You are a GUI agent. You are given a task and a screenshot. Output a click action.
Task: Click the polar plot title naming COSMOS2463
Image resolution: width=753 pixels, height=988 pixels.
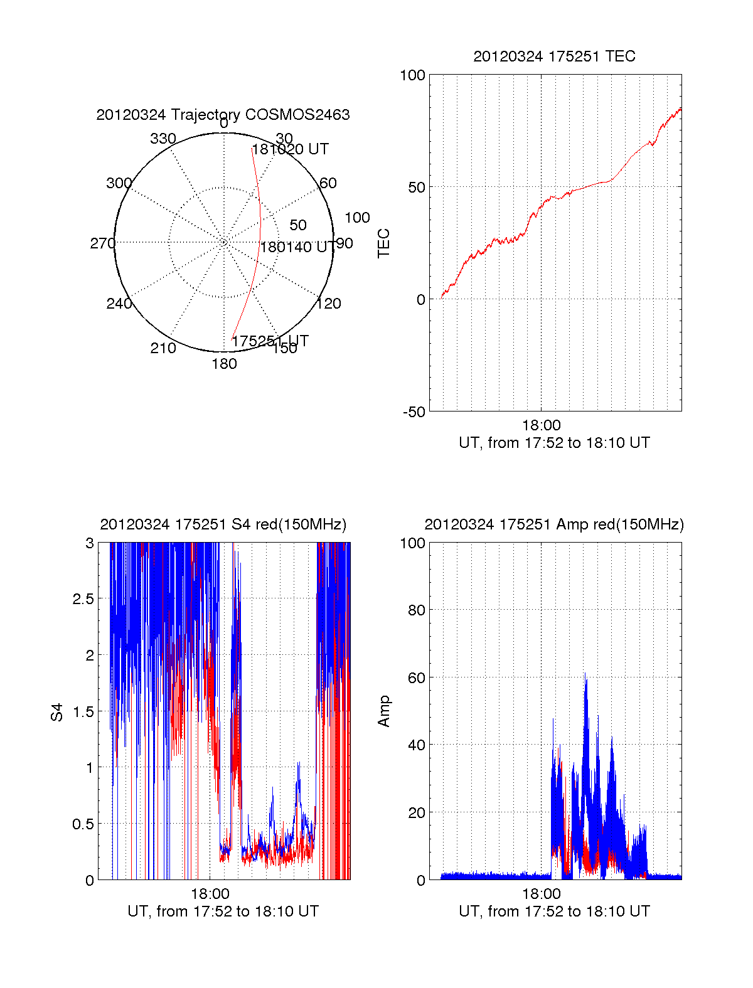click(223, 115)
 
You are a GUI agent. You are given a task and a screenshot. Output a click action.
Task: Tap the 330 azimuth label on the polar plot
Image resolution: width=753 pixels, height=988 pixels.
click(163, 139)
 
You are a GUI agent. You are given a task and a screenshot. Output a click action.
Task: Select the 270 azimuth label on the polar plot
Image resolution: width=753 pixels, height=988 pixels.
click(102, 243)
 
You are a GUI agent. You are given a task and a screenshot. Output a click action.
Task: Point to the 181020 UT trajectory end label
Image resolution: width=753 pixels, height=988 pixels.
click(290, 149)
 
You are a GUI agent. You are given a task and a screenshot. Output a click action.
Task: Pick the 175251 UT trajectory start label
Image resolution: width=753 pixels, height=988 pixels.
click(270, 341)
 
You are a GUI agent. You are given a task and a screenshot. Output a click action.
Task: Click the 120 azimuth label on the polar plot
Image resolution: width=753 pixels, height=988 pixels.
click(329, 304)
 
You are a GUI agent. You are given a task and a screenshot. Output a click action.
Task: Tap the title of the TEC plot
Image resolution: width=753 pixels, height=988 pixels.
click(554, 56)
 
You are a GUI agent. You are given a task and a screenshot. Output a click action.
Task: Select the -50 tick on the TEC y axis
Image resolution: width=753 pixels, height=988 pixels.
click(414, 412)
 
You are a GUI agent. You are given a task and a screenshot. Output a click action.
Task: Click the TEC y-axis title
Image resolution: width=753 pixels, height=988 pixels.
click(384, 243)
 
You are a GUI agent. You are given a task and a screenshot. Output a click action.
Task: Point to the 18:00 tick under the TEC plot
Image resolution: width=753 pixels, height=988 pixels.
click(541, 426)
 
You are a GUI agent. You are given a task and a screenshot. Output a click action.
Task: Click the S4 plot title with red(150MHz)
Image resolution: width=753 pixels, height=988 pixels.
click(223, 524)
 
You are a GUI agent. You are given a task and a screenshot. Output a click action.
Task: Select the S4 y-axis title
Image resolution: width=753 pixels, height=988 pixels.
click(57, 712)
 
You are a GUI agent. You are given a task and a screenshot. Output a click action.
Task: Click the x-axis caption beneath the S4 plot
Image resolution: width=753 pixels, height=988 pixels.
click(223, 911)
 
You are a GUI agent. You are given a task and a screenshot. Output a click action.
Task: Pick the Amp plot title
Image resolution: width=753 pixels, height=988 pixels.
click(554, 524)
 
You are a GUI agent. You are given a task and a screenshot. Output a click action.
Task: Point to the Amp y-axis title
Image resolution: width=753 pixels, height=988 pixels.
click(384, 711)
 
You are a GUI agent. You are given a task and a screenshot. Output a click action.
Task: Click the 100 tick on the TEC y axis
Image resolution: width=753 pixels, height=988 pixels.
click(412, 75)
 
